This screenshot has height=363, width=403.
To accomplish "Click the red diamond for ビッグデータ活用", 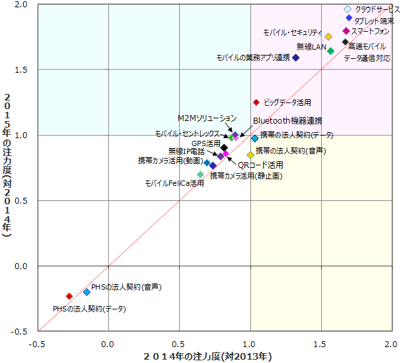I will pos(256,102).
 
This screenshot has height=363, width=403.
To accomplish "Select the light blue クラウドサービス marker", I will pos(348,9).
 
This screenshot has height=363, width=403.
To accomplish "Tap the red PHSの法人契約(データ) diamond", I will pos(69,296).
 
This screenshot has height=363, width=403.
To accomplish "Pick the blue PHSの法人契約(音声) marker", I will pos(87,292).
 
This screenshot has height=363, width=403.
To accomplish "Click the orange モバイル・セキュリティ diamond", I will pos(328,37).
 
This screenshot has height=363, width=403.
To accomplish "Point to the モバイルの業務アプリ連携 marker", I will pos(296,58).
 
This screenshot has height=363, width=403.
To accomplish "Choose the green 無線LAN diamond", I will pos(331,51).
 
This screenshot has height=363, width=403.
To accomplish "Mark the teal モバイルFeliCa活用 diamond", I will pos(200,175).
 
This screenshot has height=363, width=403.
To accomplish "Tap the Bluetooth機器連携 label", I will pos(288,121).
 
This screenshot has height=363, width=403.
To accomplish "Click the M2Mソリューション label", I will pos(206,118).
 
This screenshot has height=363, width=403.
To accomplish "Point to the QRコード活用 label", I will pos(260,165).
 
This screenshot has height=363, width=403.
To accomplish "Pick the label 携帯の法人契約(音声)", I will pos(291,151).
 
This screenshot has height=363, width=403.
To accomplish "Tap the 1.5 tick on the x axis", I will pos(322,344).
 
